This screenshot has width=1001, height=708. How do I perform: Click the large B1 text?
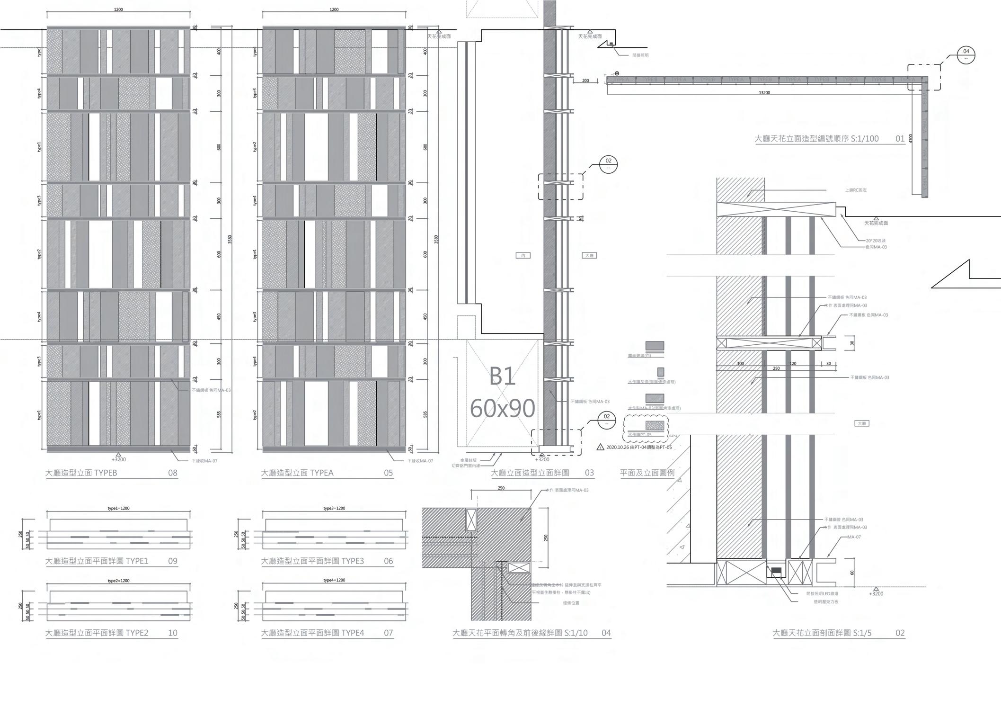pyautogui.click(x=502, y=377)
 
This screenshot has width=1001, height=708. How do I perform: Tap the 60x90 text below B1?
pyautogui.click(x=502, y=408)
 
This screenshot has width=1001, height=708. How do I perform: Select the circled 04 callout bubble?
pyautogui.click(x=966, y=54)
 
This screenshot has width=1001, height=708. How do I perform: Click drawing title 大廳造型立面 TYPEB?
pyautogui.click(x=81, y=473)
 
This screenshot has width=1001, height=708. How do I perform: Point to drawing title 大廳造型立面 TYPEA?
pyautogui.click(x=297, y=473)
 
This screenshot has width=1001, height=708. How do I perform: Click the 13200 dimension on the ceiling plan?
pyautogui.click(x=764, y=93)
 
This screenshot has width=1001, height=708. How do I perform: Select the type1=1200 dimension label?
pyautogui.click(x=118, y=508)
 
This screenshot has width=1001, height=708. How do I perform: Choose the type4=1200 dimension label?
pyautogui.click(x=334, y=580)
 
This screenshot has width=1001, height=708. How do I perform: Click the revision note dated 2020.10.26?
pyautogui.click(x=638, y=447)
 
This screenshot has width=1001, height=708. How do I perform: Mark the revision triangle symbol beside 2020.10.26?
pyautogui.click(x=600, y=447)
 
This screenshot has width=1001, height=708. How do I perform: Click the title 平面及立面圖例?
pyautogui.click(x=647, y=473)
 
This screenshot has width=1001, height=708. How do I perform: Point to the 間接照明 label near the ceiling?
pyautogui.click(x=640, y=55)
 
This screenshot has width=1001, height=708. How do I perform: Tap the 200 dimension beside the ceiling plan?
pyautogui.click(x=585, y=81)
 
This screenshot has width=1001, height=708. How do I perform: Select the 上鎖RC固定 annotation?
pyautogui.click(x=856, y=190)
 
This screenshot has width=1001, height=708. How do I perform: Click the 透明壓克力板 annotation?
pyautogui.click(x=826, y=601)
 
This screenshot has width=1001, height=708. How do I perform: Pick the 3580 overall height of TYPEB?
pyautogui.click(x=230, y=239)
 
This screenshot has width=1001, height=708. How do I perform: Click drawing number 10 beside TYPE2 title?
pyautogui.click(x=173, y=633)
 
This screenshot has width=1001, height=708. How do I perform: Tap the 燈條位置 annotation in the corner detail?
pyautogui.click(x=571, y=603)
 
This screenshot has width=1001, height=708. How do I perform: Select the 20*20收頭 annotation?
pyautogui.click(x=876, y=241)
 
